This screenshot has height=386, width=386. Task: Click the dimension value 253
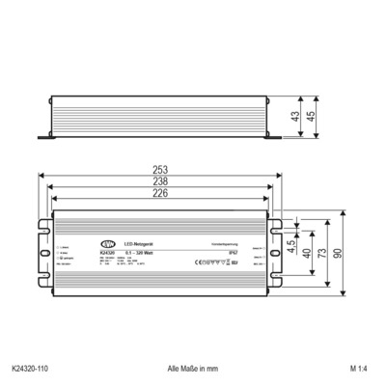click(x=158, y=170)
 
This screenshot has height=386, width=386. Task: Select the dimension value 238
click(x=158, y=182)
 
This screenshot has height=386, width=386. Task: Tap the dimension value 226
click(x=158, y=194)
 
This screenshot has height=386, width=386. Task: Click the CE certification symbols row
click(x=210, y=262)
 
